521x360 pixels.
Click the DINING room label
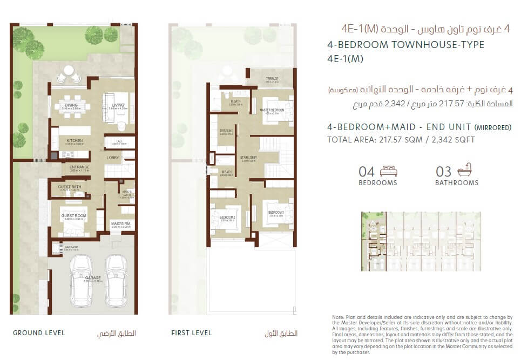coord(70,105)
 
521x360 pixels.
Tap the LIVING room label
coord(118,105)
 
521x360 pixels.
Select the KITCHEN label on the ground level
coord(75,140)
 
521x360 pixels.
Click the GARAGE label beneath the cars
coord(93,277)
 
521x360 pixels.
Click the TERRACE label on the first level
coord(272,79)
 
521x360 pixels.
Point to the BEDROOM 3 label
coord(276,212)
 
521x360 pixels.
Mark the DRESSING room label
coord(227,131)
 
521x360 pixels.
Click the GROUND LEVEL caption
coord(39,333)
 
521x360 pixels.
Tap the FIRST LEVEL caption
coord(191,333)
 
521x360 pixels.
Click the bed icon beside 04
coord(389,171)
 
